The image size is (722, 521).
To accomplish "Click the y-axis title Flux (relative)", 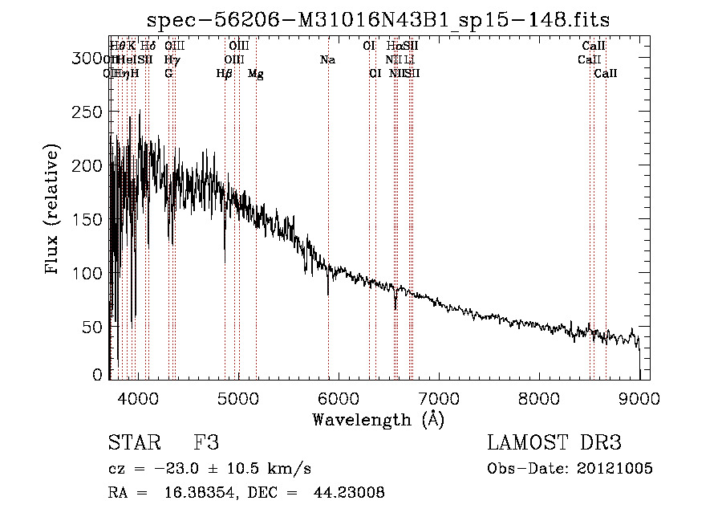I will click(53, 210).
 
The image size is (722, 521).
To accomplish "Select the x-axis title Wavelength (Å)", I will click(379, 420).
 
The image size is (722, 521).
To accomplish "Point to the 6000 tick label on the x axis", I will click(339, 397).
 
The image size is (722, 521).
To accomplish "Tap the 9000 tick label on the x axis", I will click(639, 397).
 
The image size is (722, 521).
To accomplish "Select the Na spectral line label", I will click(327, 60).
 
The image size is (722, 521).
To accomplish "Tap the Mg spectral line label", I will click(256, 74).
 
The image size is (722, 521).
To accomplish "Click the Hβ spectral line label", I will click(225, 74).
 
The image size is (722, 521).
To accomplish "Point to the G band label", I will click(168, 74).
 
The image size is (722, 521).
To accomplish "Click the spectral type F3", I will click(206, 443).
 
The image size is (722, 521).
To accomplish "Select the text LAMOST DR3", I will click(554, 443).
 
